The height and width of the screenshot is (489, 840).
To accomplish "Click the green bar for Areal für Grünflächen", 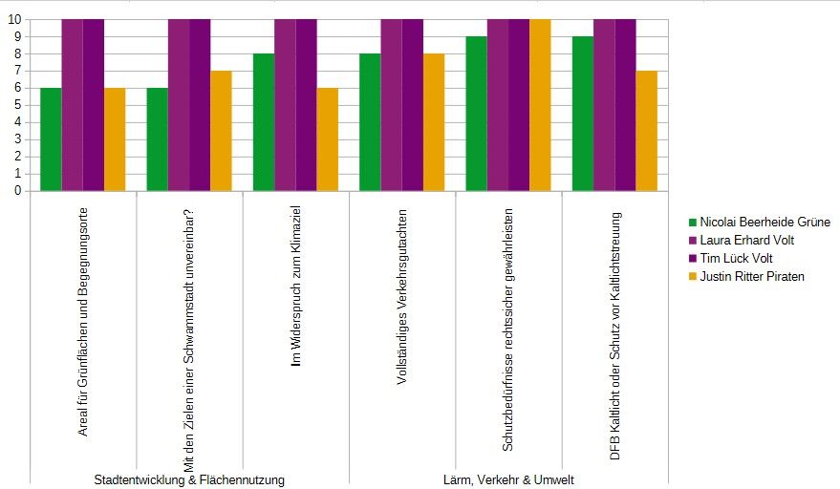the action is [x=51, y=139].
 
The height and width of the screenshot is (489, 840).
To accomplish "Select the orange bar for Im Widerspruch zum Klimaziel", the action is [x=328, y=139].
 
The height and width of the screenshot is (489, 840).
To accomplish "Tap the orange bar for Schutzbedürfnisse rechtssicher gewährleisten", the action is [x=540, y=105].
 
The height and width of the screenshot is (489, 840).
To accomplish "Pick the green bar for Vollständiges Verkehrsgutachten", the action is [x=370, y=122].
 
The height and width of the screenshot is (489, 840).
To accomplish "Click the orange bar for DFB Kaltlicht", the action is [x=647, y=131].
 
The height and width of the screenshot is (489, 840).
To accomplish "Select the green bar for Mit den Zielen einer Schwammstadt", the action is [x=158, y=139].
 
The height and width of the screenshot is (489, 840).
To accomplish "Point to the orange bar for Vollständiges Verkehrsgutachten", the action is [x=434, y=122].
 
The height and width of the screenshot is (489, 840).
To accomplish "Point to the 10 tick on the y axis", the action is [x=14, y=19].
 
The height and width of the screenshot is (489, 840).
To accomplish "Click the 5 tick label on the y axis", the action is [x=18, y=105].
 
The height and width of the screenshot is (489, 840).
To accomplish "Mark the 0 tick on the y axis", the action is [x=18, y=191].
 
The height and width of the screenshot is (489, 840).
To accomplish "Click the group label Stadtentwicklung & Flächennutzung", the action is [x=189, y=479].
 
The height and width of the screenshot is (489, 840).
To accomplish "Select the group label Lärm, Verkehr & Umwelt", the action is [x=508, y=479].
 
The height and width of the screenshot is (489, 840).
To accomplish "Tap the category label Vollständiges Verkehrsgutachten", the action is [x=402, y=297].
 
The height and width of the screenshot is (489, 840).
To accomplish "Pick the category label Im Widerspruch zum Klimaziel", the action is [x=295, y=286].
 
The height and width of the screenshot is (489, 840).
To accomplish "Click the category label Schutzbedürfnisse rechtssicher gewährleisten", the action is [x=507, y=330].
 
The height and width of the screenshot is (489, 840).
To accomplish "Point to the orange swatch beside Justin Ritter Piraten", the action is [x=692, y=277].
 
